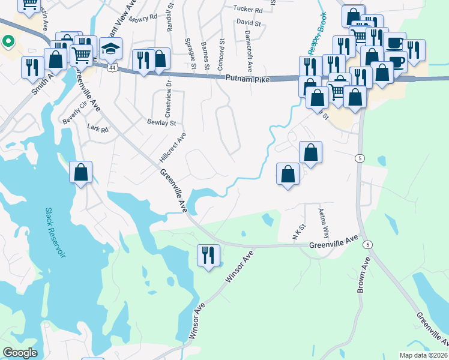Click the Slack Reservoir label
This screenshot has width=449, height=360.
pyautogui.click(x=55, y=233)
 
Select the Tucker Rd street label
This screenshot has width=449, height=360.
pyautogui.click(x=248, y=10)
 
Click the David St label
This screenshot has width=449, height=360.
pyautogui.click(x=249, y=23)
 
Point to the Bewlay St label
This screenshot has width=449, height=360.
pyautogui.click(x=161, y=122)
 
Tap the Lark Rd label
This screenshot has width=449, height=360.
pyautogui.click(x=97, y=129)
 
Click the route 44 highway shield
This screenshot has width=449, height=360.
pyautogui.click(x=112, y=68)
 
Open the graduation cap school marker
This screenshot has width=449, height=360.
pyautogui.click(x=110, y=49)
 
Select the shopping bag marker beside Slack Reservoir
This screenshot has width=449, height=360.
pyautogui.click(x=81, y=173)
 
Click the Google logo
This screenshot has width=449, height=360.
pyautogui.click(x=20, y=353)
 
